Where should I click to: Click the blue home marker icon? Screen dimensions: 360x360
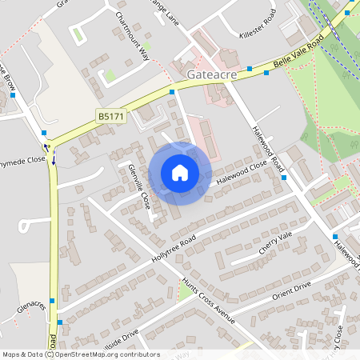pyautogui.click(x=180, y=173)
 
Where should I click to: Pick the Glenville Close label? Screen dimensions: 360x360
pyautogui.click(x=139, y=186)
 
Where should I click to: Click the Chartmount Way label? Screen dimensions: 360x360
pyautogui.click(x=132, y=36)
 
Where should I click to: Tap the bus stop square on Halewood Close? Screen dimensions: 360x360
pyautogui.click(x=284, y=178)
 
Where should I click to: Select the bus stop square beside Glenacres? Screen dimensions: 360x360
pyautogui.click(x=52, y=301)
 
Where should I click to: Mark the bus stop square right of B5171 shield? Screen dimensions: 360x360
pyautogui.click(x=172, y=93)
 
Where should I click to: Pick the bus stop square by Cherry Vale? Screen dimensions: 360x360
pyautogui.click(x=334, y=237)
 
